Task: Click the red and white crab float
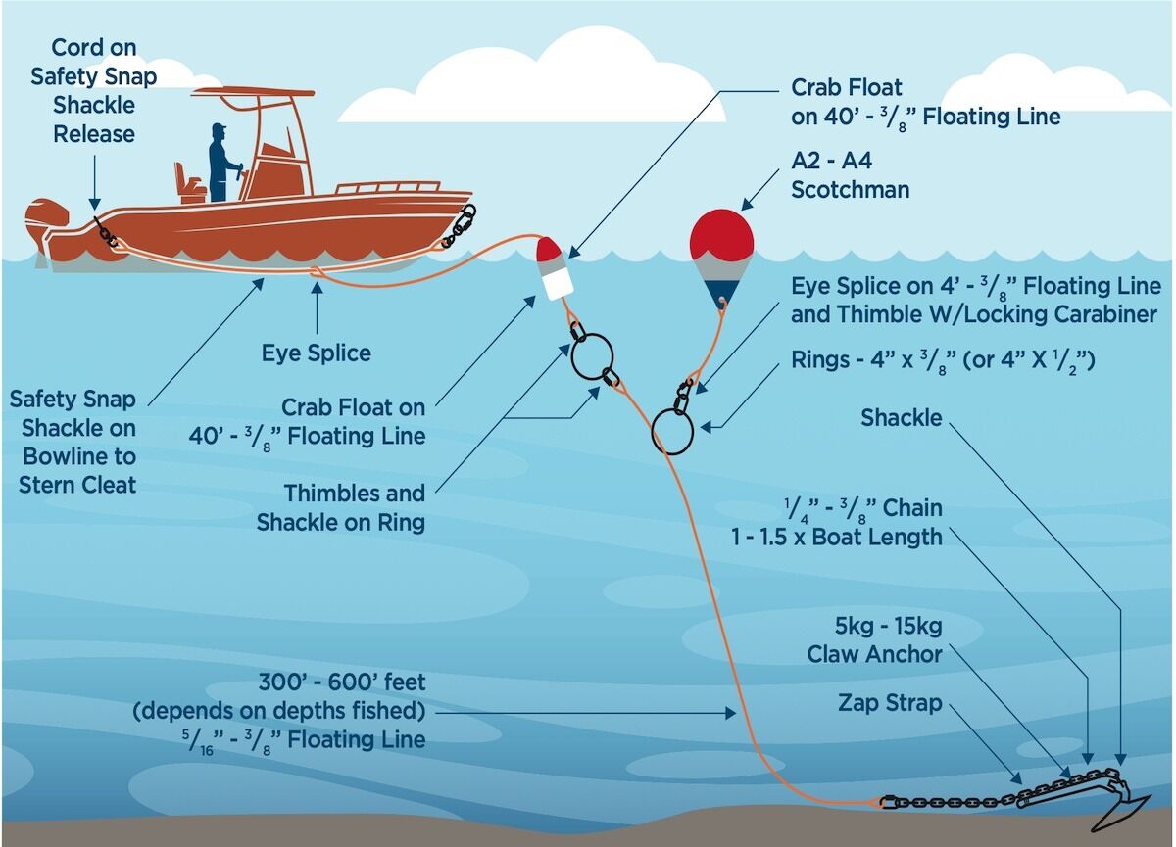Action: click(x=554, y=268)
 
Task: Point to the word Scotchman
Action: click(x=850, y=190)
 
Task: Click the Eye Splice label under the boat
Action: click(x=316, y=353)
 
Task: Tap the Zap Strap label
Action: click(x=890, y=703)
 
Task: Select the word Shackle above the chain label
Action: click(x=901, y=418)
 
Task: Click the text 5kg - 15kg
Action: click(x=888, y=627)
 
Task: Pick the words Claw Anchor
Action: click(x=874, y=654)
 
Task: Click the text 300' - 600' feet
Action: click(x=342, y=682)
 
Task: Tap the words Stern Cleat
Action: click(x=77, y=485)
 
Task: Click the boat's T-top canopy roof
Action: click(x=253, y=92)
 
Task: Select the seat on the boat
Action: click(x=188, y=182)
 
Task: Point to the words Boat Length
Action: click(x=877, y=537)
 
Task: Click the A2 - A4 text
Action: click(x=832, y=161)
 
